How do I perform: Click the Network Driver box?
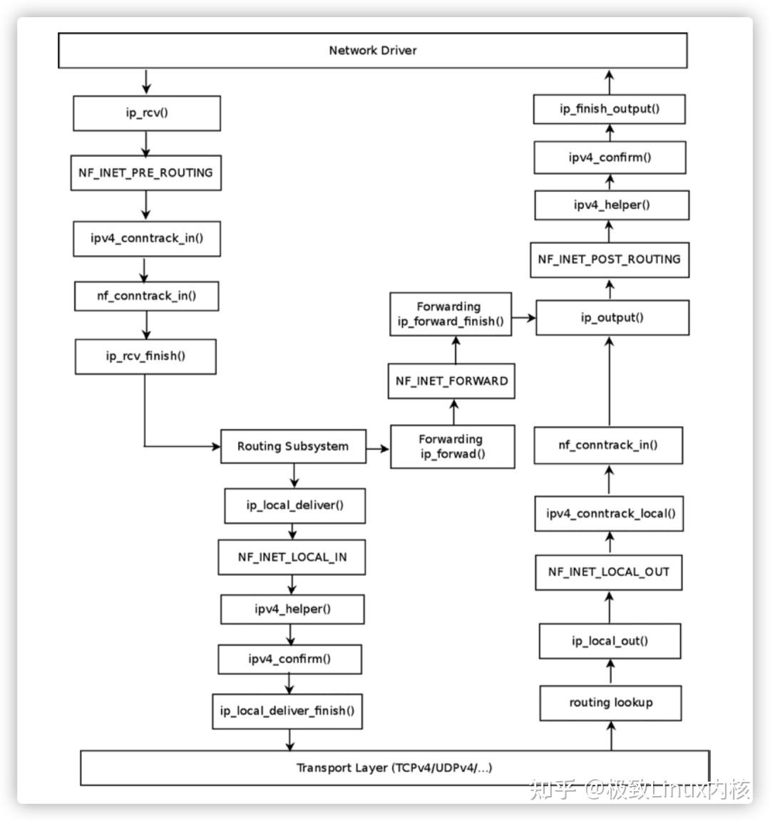(x=372, y=51)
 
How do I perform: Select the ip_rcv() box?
(x=147, y=113)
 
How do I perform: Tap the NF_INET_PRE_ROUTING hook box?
(x=145, y=173)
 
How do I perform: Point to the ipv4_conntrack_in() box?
(x=146, y=238)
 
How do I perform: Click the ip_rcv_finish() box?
(x=145, y=356)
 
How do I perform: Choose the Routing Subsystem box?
(x=293, y=447)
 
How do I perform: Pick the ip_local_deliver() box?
(x=294, y=505)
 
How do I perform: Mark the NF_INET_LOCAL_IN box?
(x=292, y=557)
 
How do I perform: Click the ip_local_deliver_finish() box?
(x=287, y=711)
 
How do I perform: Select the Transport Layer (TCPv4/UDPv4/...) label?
(x=394, y=768)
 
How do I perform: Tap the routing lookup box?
(x=610, y=703)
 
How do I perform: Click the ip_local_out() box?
(x=610, y=641)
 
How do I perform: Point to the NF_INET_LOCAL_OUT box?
(x=608, y=572)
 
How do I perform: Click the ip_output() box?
(x=612, y=318)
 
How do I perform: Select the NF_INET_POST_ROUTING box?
(x=609, y=259)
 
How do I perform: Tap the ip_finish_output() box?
(x=610, y=109)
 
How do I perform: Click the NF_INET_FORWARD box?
(x=451, y=381)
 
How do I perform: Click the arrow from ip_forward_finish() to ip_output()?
(x=523, y=318)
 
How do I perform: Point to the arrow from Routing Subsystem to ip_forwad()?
(x=378, y=449)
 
